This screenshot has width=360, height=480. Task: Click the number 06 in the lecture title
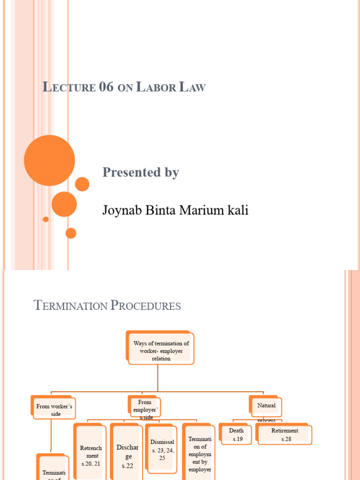pos(106,87)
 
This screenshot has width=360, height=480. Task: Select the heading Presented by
pos(141,172)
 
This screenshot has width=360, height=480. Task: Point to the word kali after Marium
pos(237,210)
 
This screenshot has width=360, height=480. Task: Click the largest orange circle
pos(49,160)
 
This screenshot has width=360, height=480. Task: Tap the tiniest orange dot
pos(45,219)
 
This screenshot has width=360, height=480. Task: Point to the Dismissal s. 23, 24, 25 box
pos(162,450)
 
